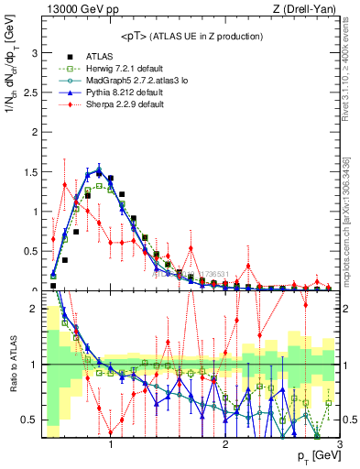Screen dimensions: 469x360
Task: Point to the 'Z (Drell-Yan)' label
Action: [309, 9]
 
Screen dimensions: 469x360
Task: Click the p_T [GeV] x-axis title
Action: [315, 455]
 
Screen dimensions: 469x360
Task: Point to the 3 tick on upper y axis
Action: [34, 53]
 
